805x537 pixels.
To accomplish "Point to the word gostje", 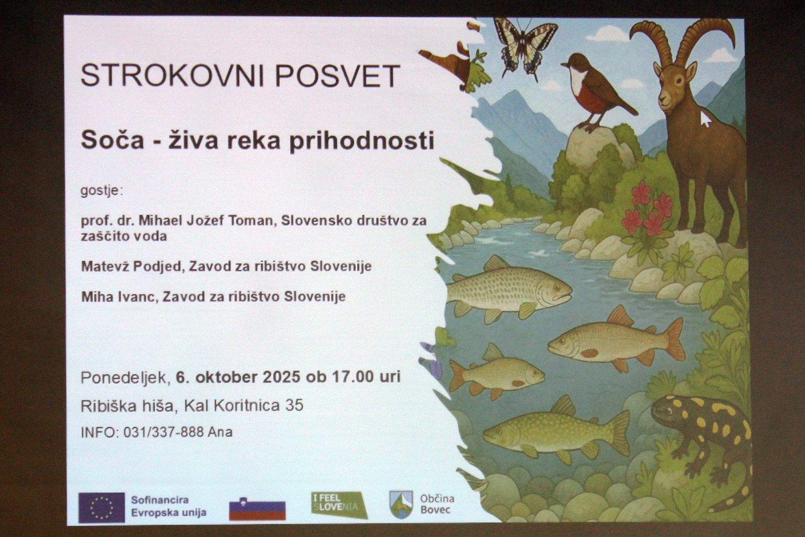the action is pyautogui.click(x=102, y=191).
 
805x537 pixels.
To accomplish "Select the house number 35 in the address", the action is pyautogui.click(x=294, y=406).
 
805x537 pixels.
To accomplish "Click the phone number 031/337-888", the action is pyautogui.click(x=164, y=432).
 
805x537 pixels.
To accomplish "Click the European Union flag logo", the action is pyautogui.click(x=102, y=507).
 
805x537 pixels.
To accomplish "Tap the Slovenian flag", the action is pyautogui.click(x=257, y=510).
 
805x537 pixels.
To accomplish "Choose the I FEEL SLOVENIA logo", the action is pyautogui.click(x=339, y=505).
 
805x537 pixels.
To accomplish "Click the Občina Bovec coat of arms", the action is pyautogui.click(x=401, y=505).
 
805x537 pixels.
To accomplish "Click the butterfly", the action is pyautogui.click(x=525, y=46).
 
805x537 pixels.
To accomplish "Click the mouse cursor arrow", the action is pyautogui.click(x=705, y=119).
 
